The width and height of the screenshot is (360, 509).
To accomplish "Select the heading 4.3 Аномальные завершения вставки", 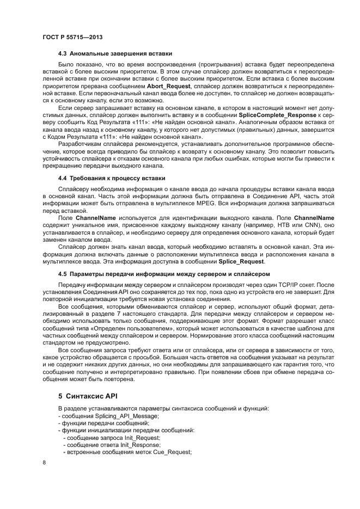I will click(x=115, y=53).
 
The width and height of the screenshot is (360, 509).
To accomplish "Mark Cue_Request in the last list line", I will click(x=173, y=451).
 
